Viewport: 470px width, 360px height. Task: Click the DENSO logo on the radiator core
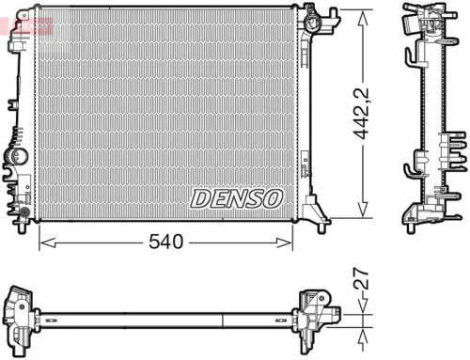pyautogui.click(x=236, y=198)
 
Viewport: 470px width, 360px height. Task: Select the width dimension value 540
pyautogui.click(x=165, y=243)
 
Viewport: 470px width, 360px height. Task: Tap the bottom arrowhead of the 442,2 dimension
pyautogui.click(x=361, y=211)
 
